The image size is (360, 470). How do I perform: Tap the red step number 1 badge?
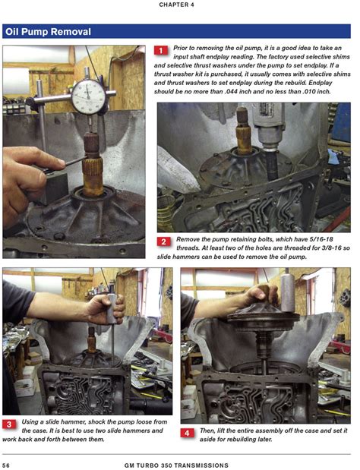point(160,51)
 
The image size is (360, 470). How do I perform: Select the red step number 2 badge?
point(163,241)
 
